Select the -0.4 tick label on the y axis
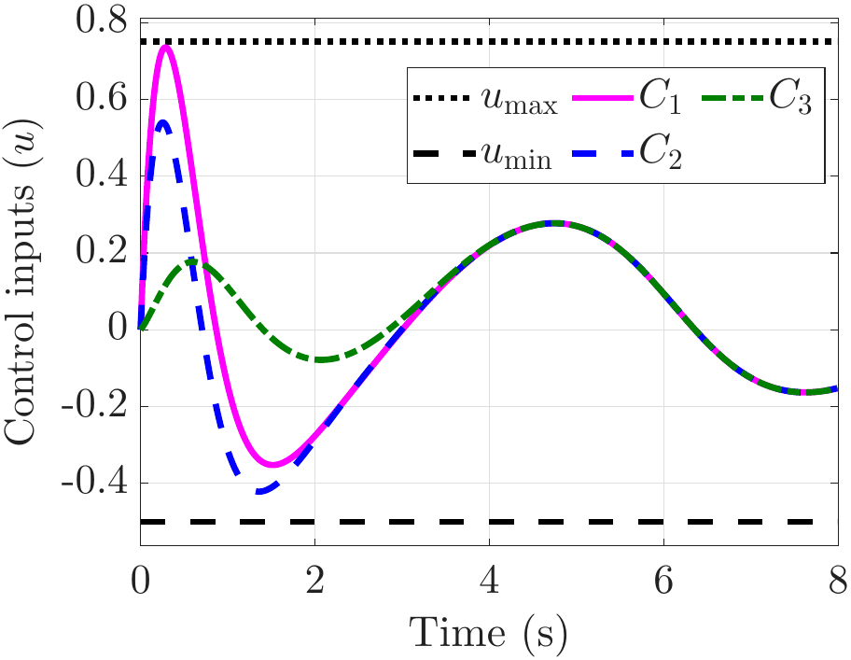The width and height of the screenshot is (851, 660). (94, 483)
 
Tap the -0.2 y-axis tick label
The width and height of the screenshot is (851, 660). (94, 406)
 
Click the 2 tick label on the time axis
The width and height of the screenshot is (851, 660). (314, 581)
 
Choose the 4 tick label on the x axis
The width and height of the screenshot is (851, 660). (489, 581)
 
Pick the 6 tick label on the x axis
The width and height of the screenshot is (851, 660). (663, 581)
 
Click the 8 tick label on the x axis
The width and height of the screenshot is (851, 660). (838, 581)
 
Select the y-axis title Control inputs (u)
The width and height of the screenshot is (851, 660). (21, 281)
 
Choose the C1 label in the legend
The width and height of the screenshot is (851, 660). (660, 98)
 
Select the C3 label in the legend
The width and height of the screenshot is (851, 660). (790, 98)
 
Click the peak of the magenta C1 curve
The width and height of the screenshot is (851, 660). (165, 47)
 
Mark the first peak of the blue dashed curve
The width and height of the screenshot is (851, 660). (162, 122)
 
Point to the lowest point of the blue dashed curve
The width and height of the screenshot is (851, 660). (260, 491)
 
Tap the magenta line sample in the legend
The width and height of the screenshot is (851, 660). (603, 98)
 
